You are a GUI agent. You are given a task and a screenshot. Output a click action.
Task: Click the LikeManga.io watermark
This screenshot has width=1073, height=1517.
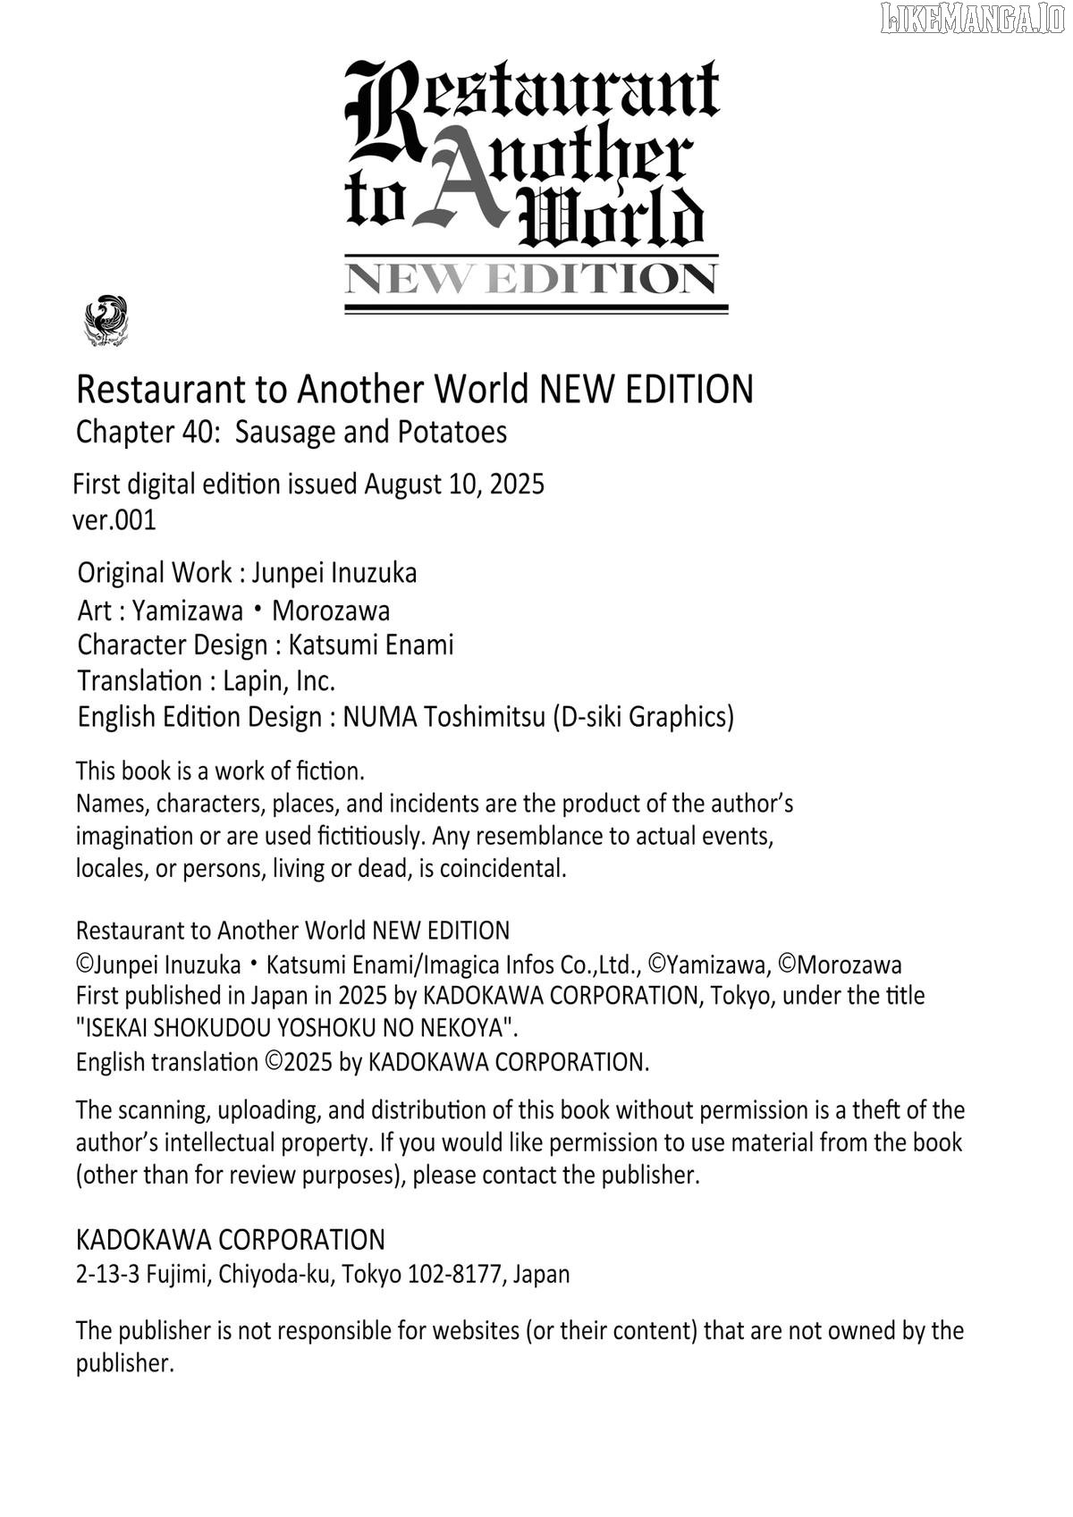(x=973, y=18)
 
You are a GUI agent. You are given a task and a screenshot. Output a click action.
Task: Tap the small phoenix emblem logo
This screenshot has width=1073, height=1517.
(x=106, y=321)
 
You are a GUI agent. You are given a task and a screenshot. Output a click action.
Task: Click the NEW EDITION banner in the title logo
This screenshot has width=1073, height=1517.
(x=532, y=280)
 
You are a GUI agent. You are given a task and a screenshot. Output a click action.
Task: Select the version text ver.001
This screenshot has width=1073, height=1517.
(x=114, y=520)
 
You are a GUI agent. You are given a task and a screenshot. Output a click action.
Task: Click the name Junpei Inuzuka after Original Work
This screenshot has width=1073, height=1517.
(x=334, y=573)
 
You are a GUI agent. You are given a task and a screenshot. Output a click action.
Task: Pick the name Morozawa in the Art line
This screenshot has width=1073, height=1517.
(x=331, y=611)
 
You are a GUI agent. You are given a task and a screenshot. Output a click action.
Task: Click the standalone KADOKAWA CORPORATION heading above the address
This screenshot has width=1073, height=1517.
(x=231, y=1240)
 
